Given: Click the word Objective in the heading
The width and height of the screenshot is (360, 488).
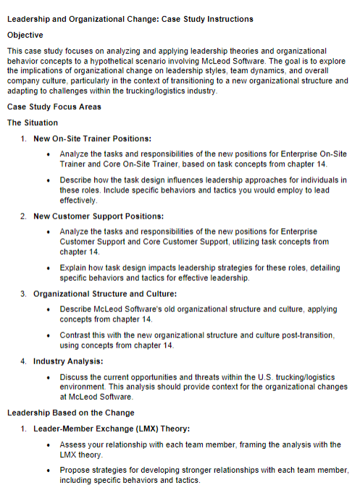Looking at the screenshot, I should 25,35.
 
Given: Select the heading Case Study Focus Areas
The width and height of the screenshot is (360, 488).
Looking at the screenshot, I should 54,106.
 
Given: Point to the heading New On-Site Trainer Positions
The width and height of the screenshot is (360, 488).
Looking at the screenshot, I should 92,138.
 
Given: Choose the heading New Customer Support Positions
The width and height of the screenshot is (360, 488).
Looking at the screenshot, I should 98,216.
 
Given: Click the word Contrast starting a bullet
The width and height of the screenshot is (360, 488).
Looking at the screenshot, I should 75,336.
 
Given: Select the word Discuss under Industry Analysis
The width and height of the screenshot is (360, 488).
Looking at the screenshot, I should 75,377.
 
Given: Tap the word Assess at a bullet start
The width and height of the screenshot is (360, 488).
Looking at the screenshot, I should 74,445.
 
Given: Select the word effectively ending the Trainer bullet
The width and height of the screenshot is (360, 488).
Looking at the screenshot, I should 78,199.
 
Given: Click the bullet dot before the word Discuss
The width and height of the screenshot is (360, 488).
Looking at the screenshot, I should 49,377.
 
